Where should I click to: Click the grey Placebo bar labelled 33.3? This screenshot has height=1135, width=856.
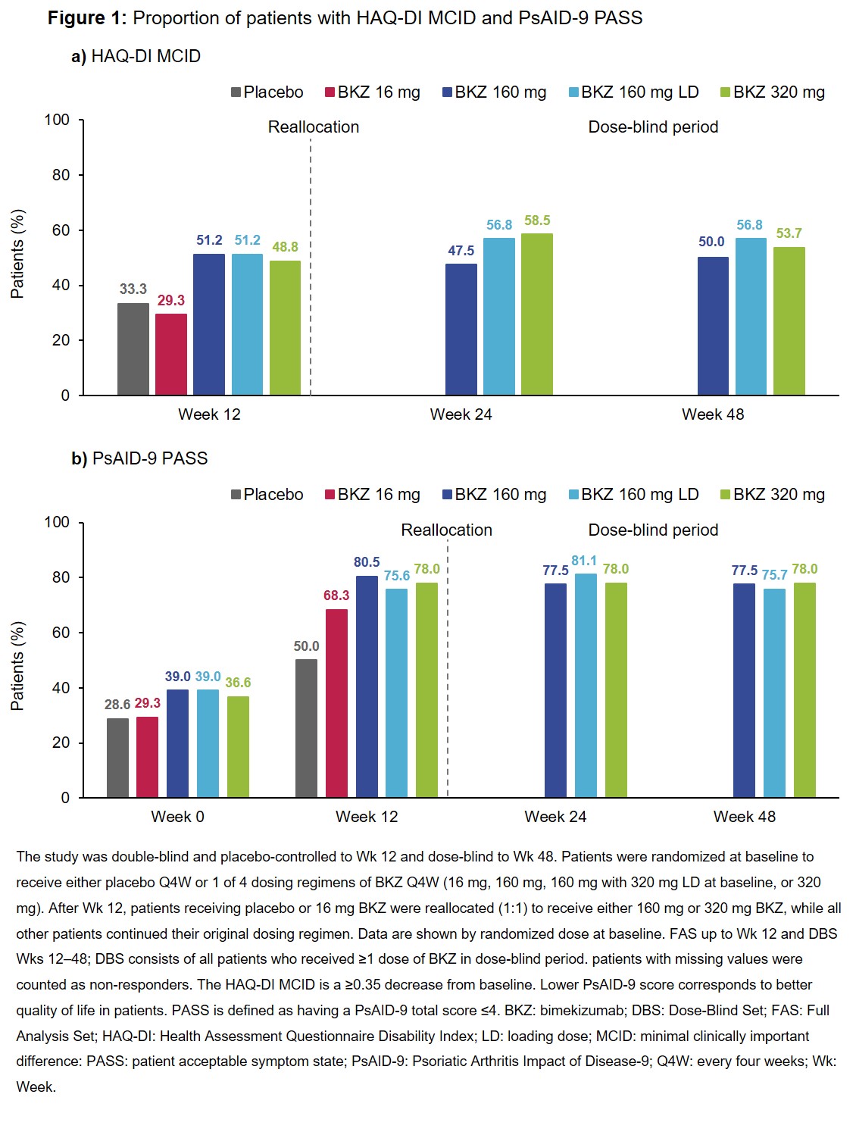pos(133,349)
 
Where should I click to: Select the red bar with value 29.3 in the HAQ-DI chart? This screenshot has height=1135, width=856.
pos(171,355)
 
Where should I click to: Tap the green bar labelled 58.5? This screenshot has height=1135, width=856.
pos(537,314)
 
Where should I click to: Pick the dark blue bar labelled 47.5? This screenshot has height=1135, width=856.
pos(461,330)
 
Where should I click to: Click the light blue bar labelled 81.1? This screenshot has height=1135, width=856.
pos(586,686)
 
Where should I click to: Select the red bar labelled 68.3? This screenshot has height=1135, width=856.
pos(337,703)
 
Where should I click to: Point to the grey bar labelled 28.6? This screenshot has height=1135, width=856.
pos(117,758)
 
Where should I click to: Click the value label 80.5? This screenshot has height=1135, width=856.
pos(367,562)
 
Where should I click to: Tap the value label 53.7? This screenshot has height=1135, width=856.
pos(789,233)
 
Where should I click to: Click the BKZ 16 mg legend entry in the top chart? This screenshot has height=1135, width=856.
pos(372,92)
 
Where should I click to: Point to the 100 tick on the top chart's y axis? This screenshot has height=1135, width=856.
pos(57,120)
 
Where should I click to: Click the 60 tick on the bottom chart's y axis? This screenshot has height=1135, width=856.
pos(61,633)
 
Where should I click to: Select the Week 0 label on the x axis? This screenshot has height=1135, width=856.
pos(177,817)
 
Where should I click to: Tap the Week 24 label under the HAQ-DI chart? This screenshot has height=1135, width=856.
pos(461,414)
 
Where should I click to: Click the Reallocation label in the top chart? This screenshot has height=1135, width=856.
pos(314,127)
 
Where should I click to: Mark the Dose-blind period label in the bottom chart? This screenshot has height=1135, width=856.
pos(653,530)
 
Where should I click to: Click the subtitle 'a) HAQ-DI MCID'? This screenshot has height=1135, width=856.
pos(136,57)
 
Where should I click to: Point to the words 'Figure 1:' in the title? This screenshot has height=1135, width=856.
pos(87,18)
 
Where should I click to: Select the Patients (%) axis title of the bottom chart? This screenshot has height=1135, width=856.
pos(17,666)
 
